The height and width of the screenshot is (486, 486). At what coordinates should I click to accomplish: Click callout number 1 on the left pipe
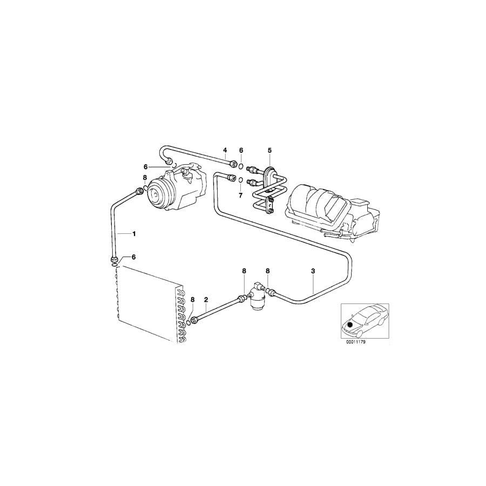pos(134,233)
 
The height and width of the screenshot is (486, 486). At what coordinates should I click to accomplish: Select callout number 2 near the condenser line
pos(206,299)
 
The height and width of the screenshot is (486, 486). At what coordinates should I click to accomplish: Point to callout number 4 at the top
pos(225,150)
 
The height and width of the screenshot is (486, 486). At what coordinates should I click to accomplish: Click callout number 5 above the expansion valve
pos(269,150)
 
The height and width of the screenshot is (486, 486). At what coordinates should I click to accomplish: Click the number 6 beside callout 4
pos(241,150)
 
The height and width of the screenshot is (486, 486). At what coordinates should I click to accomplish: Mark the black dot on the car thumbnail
pos(350,324)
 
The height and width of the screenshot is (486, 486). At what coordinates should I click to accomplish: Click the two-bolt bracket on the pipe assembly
pos(271,204)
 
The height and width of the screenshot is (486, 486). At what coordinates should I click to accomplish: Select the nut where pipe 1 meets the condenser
pos(114,261)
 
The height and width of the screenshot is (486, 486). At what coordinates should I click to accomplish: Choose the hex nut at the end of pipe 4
pos(233,163)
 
